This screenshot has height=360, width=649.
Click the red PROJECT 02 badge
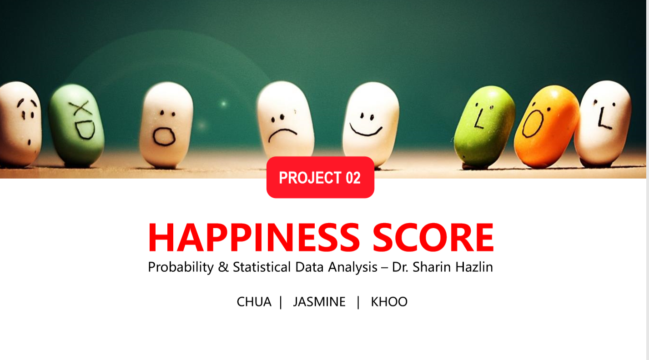coord(320,178)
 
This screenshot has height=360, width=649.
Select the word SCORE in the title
coord(433,237)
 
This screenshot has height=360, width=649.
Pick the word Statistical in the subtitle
coord(262,267)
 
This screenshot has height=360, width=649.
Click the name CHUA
coord(254,302)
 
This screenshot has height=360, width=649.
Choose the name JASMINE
coord(319,302)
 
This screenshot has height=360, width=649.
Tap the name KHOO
coord(389,302)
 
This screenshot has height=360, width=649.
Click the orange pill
coord(545,127)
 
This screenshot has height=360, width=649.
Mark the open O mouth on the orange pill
coord(533,124)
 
